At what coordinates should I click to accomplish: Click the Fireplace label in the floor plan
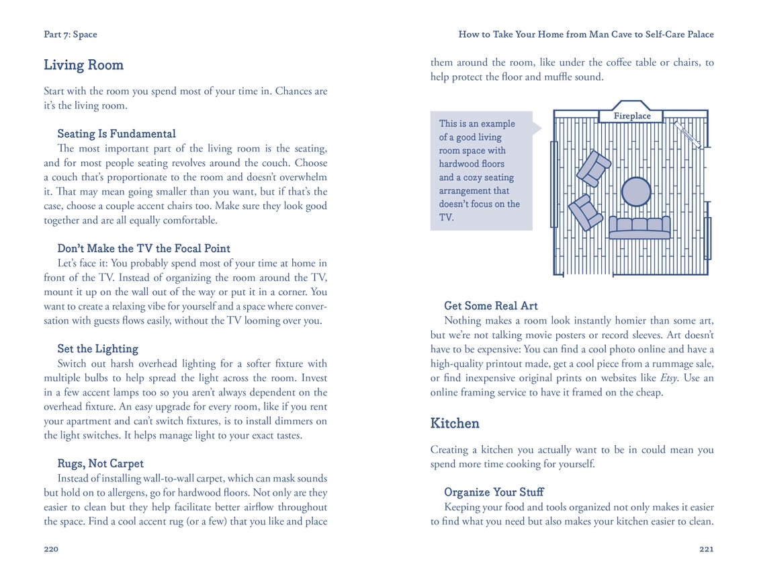pos(632,116)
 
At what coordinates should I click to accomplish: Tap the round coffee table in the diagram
pos(635,192)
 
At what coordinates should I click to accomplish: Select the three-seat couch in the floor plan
pos(639,227)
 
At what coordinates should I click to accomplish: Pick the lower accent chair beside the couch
pos(586,212)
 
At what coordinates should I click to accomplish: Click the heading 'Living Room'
pos(83,65)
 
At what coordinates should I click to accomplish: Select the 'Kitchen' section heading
pos(455,424)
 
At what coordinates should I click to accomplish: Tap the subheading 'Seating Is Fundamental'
pos(116,134)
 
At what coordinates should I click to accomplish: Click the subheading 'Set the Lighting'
pos(97,349)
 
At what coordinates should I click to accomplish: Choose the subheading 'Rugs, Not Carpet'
pos(100,464)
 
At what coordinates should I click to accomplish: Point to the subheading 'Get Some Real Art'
pos(490,306)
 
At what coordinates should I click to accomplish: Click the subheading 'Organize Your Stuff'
pos(494,492)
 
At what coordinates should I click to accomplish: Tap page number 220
pos(51,549)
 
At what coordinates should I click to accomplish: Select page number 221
pos(706,549)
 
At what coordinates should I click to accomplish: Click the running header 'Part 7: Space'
pos(71,34)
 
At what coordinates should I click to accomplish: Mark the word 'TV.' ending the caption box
pos(446,217)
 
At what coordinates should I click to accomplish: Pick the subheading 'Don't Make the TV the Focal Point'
pos(144,249)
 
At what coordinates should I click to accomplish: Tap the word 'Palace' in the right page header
pos(698,34)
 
